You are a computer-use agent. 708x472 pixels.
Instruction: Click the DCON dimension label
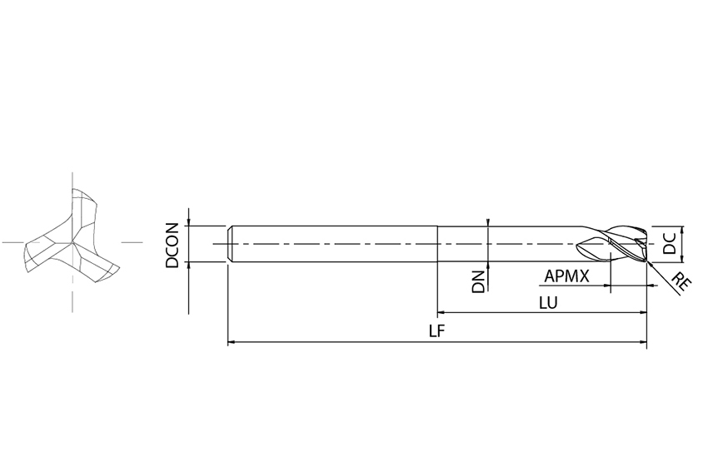coord(172,246)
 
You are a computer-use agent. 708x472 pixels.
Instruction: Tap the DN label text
coord(478,282)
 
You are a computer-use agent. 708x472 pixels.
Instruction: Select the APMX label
coord(566,276)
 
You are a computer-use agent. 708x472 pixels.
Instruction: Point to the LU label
coord(548,303)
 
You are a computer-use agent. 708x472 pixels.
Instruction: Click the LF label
coord(436,331)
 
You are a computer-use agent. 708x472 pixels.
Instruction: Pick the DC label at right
coord(669,243)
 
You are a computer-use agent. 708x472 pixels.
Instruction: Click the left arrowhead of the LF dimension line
coord(232,342)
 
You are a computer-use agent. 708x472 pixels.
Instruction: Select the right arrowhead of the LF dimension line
coord(643,342)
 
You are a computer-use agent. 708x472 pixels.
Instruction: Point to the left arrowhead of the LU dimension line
coord(441,312)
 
